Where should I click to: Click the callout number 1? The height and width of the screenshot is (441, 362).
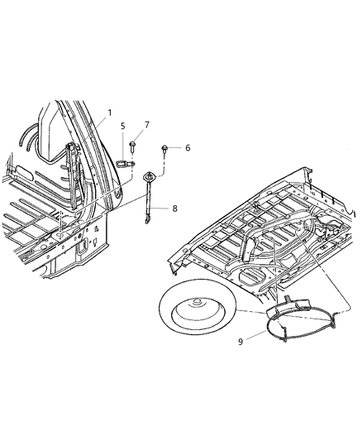click(108, 112)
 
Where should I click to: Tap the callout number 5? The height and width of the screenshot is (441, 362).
click(123, 127)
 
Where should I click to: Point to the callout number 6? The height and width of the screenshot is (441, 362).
click(187, 147)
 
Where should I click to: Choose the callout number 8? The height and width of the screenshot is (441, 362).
click(174, 209)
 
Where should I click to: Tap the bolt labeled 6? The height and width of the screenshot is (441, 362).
click(165, 149)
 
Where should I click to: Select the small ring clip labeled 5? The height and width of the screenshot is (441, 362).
click(123, 163)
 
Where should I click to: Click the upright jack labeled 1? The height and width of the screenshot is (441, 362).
click(73, 174)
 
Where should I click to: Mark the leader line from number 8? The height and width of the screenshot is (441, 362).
click(163, 209)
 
